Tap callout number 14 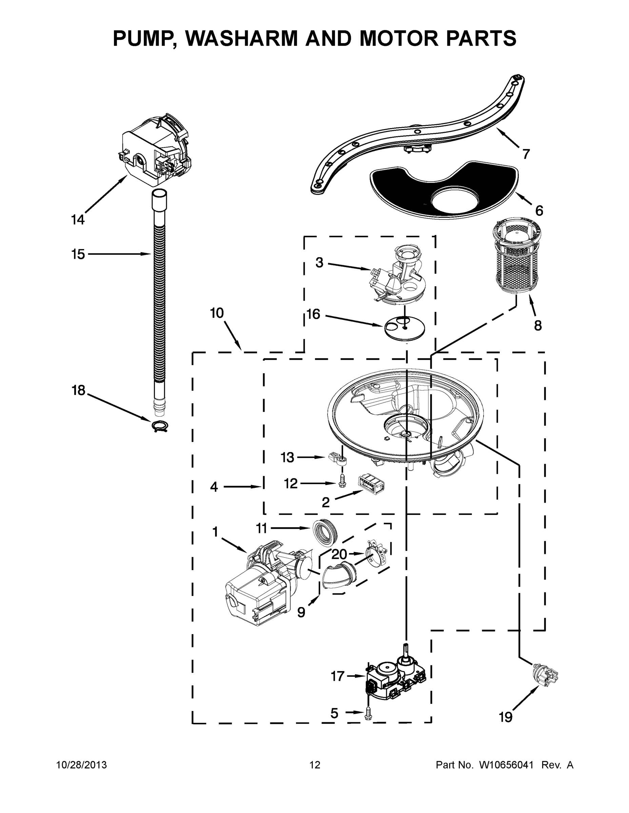78,220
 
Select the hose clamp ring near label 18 159,425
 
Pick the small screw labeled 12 342,481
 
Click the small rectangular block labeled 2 371,484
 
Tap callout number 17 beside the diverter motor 338,676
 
